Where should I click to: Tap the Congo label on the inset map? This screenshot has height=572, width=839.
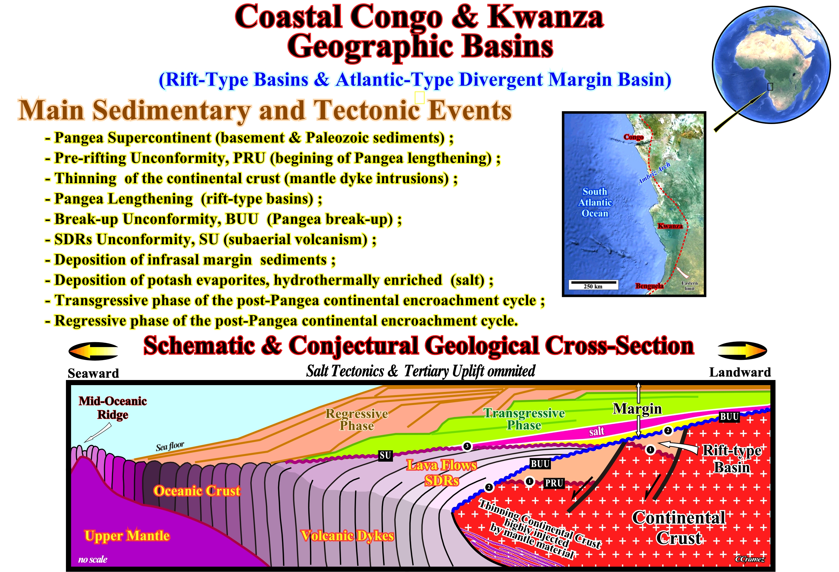[x=633, y=137]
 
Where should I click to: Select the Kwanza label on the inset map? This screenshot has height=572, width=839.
[x=670, y=226]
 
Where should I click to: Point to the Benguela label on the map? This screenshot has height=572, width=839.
[x=649, y=286]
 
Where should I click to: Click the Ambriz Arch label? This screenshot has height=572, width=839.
[x=654, y=174]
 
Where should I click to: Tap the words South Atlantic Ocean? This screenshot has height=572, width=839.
[x=595, y=202]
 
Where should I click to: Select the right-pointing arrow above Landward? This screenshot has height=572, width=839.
[x=742, y=350]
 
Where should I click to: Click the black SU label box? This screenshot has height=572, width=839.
[x=386, y=456]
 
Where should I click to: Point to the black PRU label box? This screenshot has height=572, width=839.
[x=554, y=483]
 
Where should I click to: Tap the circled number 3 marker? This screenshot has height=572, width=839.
[x=467, y=446]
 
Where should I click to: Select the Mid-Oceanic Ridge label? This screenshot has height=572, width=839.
[x=113, y=408]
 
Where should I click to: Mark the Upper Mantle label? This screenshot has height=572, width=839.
[x=127, y=536]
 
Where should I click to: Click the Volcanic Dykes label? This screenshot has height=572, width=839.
[x=347, y=536]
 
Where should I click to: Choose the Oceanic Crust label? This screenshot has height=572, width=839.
[x=197, y=491]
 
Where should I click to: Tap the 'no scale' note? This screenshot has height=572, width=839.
[x=93, y=559]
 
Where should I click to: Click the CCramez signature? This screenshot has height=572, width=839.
[x=750, y=559]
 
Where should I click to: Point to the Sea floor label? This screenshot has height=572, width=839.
[x=170, y=446]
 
